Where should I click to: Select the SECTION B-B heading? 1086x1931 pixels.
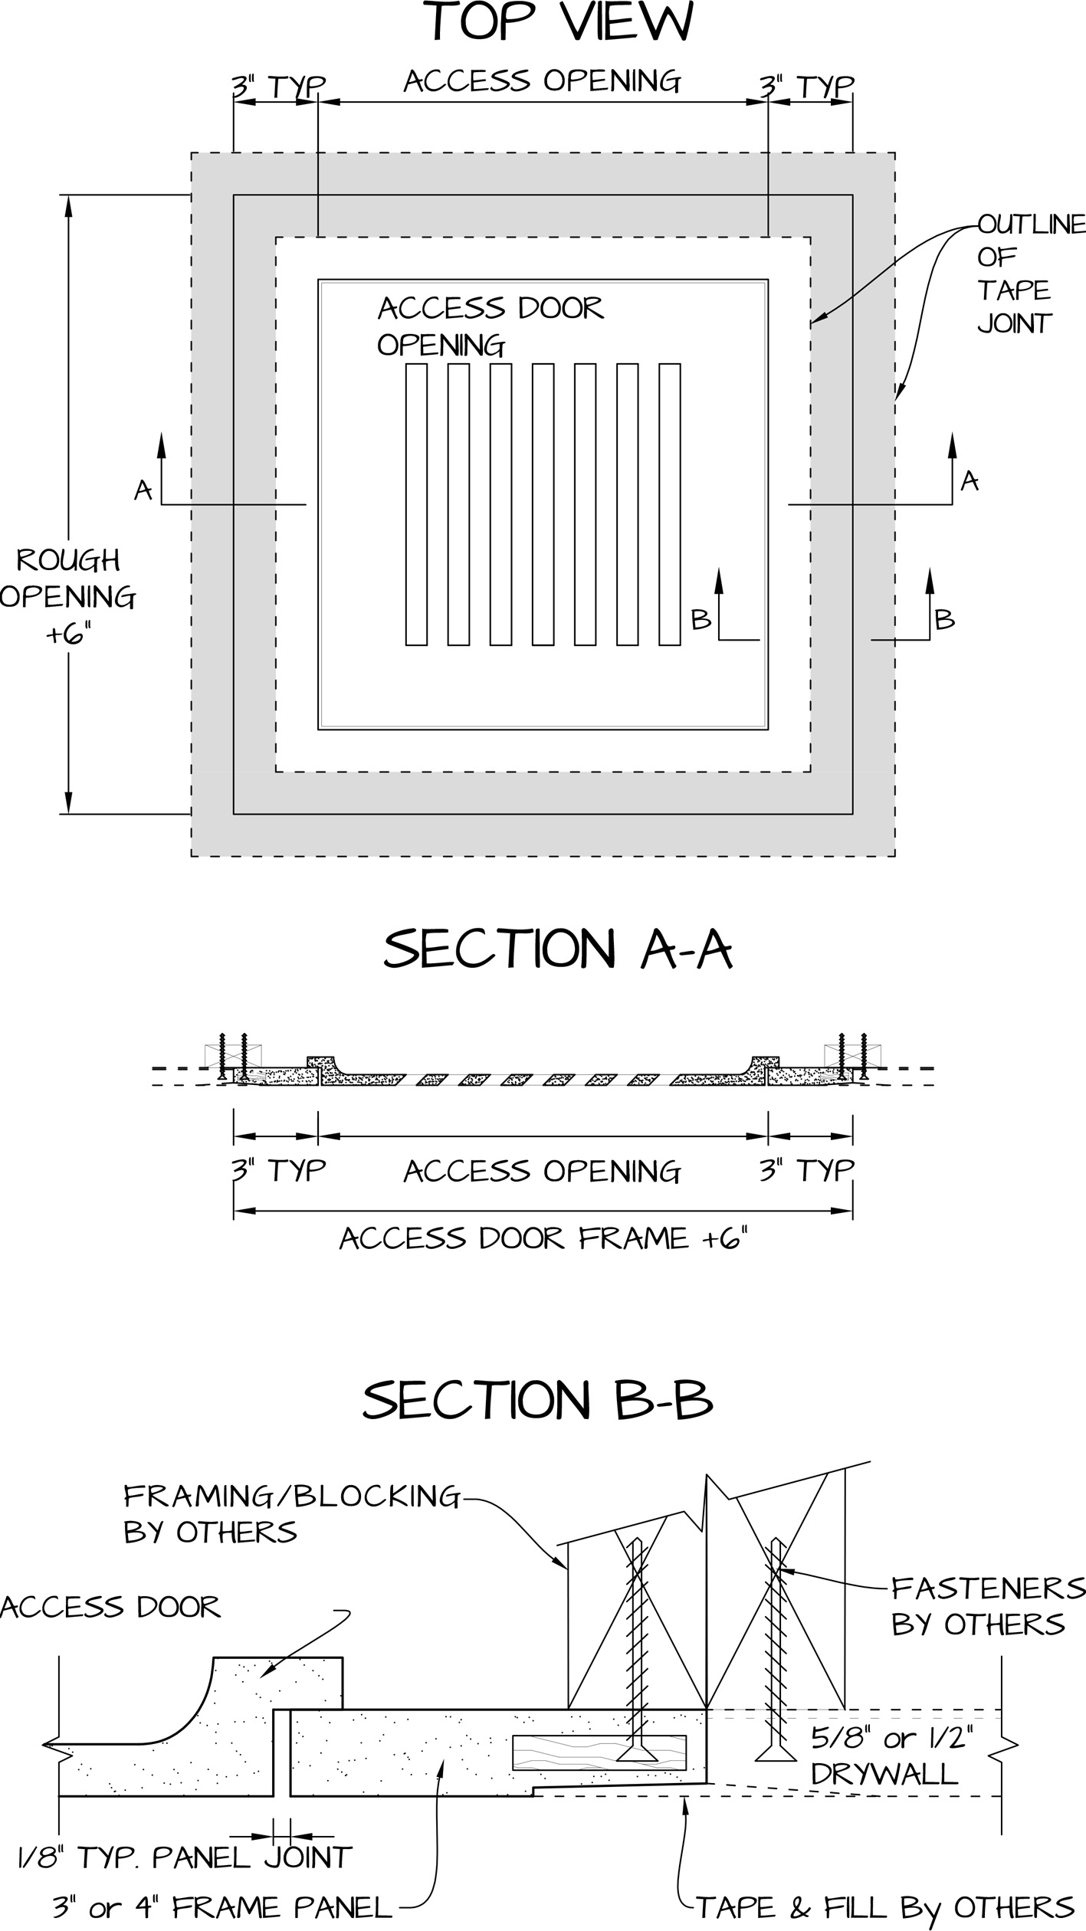(538, 1399)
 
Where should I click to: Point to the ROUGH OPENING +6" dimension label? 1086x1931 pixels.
(68, 596)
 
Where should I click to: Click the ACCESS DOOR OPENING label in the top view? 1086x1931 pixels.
(491, 326)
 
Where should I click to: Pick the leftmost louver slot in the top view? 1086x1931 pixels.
(416, 504)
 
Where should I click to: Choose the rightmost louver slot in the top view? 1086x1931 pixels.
(670, 504)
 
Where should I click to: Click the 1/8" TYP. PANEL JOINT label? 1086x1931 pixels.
(185, 1857)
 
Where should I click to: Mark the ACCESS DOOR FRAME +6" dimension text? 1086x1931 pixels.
(543, 1238)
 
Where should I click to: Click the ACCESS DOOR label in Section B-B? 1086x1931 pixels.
(110, 1607)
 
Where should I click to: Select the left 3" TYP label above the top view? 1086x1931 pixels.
(279, 87)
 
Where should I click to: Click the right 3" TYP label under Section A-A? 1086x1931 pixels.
(806, 1171)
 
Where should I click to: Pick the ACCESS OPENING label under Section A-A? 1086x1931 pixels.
(543, 1171)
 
